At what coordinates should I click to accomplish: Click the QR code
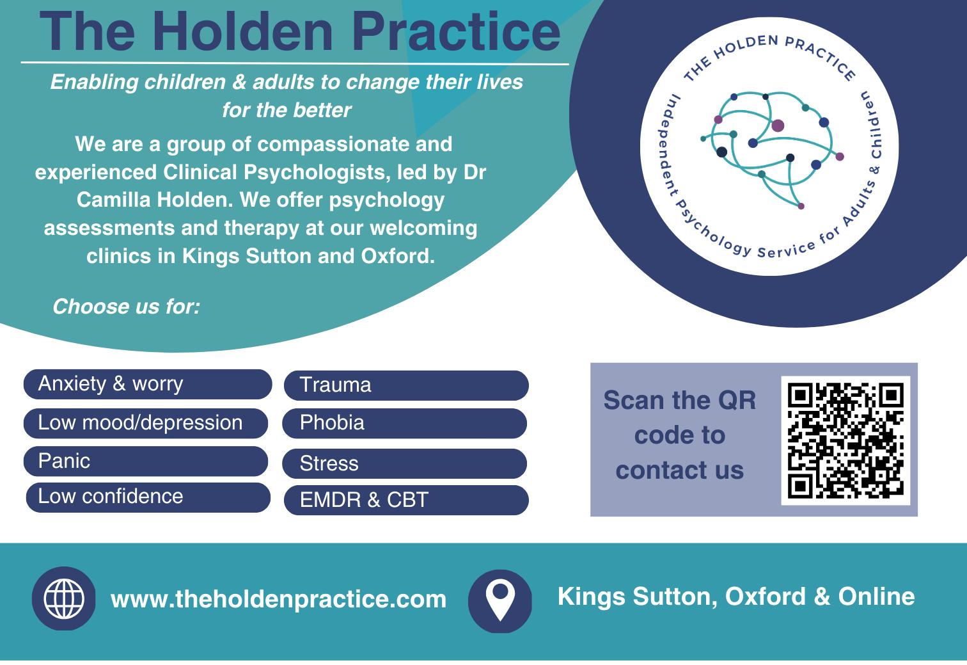point(845,440)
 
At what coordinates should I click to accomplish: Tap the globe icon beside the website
point(64,598)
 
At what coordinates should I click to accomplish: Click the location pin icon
point(500,601)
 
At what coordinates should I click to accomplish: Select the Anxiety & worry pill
point(148,384)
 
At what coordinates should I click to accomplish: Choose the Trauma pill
point(406,385)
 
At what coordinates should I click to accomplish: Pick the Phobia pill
point(404,424)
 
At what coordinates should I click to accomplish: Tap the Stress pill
point(404,463)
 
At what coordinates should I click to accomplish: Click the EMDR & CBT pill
point(406,500)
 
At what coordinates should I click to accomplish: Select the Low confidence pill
point(148,497)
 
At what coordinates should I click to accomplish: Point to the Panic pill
point(145,461)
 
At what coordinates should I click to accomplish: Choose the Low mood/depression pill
point(145,424)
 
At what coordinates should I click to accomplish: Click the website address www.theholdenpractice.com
point(278,599)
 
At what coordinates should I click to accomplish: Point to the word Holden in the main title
point(242,32)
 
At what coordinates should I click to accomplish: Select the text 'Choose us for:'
point(127,307)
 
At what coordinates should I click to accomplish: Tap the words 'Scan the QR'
point(679,400)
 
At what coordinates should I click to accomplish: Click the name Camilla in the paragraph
point(113,200)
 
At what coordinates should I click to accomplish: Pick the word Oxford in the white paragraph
point(398,256)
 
